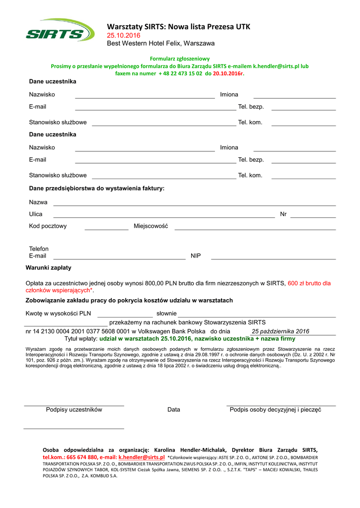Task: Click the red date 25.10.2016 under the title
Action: tap(124, 36)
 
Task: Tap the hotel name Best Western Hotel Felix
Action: tap(161, 44)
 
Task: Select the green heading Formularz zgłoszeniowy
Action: tap(180, 59)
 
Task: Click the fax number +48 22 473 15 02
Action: tap(180, 73)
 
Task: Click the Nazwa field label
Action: tap(38, 202)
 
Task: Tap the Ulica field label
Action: tap(36, 214)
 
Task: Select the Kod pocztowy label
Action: tap(48, 226)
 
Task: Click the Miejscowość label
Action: tap(151, 226)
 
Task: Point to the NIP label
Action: tap(196, 256)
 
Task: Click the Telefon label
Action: tap(39, 249)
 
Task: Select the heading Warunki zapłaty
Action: tap(48, 268)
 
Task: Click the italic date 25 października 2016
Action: tap(281, 331)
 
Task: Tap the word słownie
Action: tap(166, 314)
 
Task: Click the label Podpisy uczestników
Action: tap(74, 410)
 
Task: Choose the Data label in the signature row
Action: tap(174, 410)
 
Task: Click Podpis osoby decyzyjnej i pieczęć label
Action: tap(276, 410)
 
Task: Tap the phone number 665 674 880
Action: tap(82, 457)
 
